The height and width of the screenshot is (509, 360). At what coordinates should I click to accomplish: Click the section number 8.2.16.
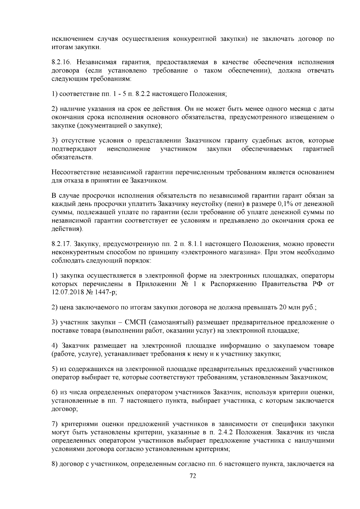pos(61,62)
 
